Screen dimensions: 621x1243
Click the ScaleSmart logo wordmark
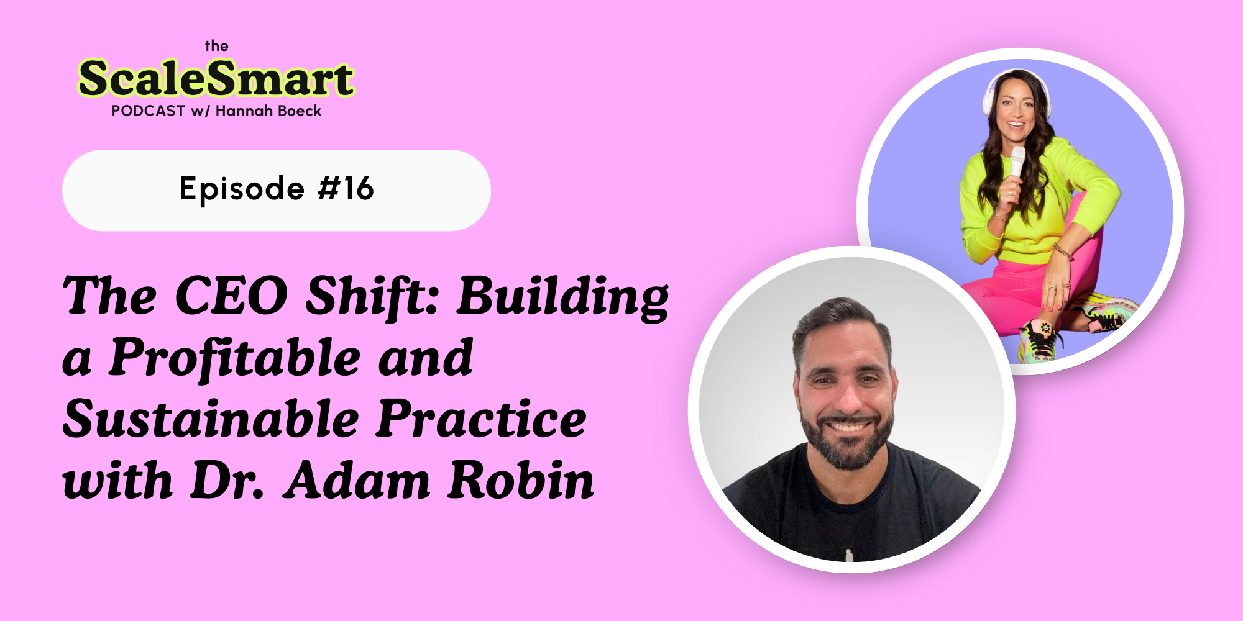pos(216,79)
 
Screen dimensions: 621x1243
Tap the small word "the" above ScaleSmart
pos(216,46)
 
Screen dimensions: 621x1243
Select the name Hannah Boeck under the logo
pos(268,111)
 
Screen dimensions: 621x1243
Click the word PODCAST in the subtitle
pos(149,111)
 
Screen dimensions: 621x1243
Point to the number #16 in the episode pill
pos(346,189)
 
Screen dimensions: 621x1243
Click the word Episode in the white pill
pos(242,189)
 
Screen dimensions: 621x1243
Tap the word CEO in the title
pos(231,296)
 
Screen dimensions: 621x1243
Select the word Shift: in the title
pos(372,296)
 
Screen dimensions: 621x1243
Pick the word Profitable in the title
pos(235,358)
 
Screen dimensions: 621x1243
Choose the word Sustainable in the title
pos(211,419)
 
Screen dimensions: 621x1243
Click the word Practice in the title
pos(481,419)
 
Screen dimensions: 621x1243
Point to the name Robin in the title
pos(521,480)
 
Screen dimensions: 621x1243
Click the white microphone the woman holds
pos(1017,162)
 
